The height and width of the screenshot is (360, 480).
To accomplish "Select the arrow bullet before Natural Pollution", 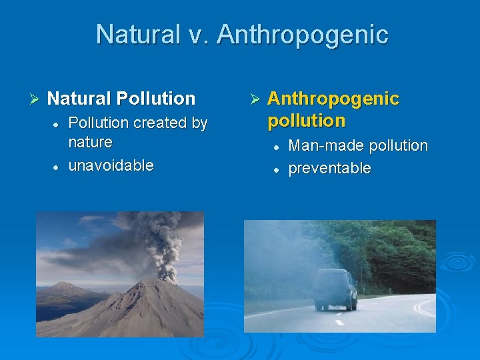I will click(x=36, y=99).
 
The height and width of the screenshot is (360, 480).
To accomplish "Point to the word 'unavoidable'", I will click(x=111, y=165).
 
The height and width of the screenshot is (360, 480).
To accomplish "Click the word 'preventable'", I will click(x=329, y=169).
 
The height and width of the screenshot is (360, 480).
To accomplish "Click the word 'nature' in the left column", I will click(x=90, y=142).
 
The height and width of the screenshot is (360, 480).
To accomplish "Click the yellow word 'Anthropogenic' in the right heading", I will click(x=333, y=99).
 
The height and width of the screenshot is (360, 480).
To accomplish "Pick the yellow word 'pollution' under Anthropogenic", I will click(x=306, y=121).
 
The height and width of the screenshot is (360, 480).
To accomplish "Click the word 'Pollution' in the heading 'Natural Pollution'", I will click(x=156, y=99).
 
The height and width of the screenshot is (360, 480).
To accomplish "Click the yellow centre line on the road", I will click(x=423, y=307).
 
